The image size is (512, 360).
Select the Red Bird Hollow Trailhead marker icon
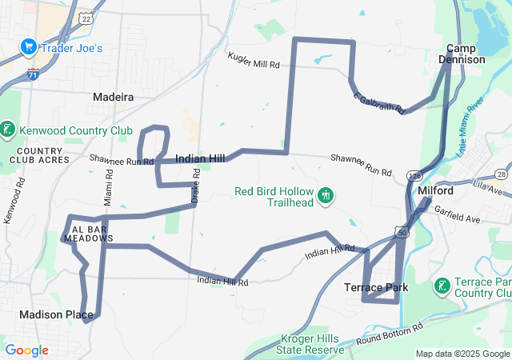click(x=325, y=194)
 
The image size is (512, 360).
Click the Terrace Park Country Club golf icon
click(x=442, y=286)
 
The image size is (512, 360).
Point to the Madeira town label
click(x=113, y=97)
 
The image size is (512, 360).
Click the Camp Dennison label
click(x=466, y=54)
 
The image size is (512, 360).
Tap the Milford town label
click(x=435, y=191)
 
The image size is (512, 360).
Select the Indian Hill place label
click(x=200, y=158)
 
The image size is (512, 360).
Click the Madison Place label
click(x=56, y=314)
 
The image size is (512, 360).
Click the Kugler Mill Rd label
click(x=254, y=60)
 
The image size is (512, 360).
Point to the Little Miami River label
click(x=471, y=126)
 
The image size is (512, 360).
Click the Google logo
click(x=26, y=350)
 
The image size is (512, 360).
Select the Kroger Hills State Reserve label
click(x=309, y=344)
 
